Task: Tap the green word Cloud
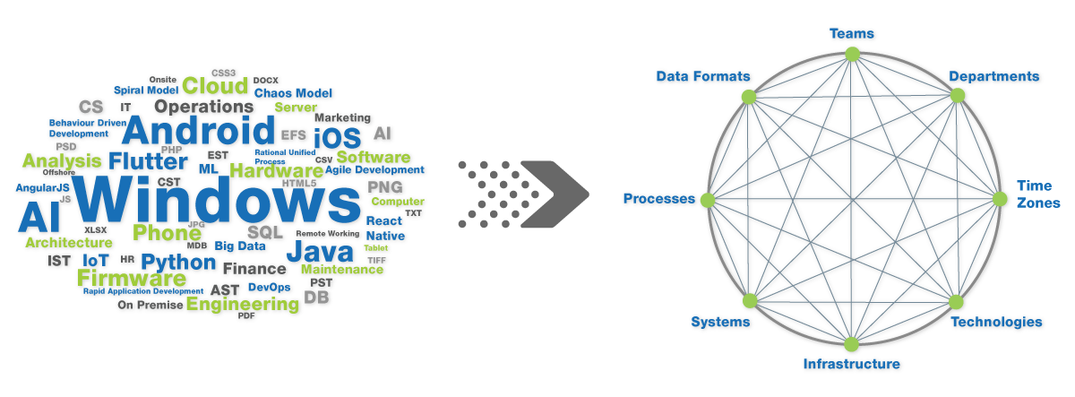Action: pyautogui.click(x=215, y=86)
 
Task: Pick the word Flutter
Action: pyautogui.click(x=149, y=162)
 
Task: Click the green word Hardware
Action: pyautogui.click(x=276, y=169)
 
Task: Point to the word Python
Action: pyautogui.click(x=179, y=263)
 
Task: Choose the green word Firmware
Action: pyautogui.click(x=131, y=277)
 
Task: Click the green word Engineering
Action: pyautogui.click(x=242, y=305)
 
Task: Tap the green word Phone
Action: pyautogui.click(x=167, y=233)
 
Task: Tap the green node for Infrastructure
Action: pyautogui.click(x=851, y=344)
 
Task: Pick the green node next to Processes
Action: pyautogui.click(x=708, y=199)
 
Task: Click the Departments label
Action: pyautogui.click(x=994, y=77)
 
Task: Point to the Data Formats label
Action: pyautogui.click(x=702, y=77)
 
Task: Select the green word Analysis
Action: pyautogui.click(x=63, y=161)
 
